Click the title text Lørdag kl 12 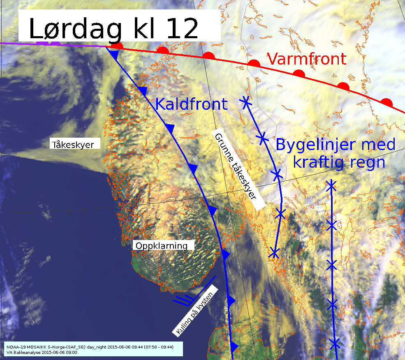(113, 28)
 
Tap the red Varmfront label (307, 59)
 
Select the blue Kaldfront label (191, 104)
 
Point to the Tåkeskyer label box (76, 145)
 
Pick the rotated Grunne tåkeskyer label (238, 171)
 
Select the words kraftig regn (339, 162)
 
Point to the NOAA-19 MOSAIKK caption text (90, 347)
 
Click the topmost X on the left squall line (246, 102)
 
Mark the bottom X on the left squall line (274, 252)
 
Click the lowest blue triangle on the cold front (234, 346)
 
